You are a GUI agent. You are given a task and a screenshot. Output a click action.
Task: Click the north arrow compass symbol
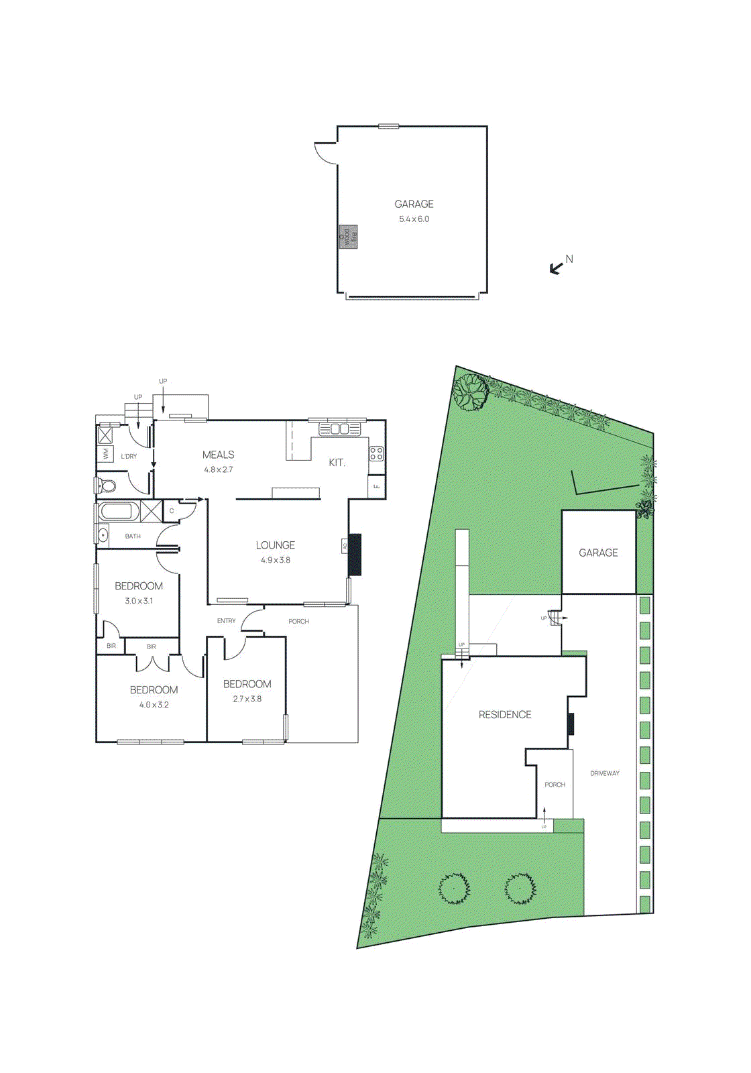[x=557, y=268]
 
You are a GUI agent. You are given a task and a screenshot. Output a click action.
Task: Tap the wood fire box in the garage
[x=348, y=237]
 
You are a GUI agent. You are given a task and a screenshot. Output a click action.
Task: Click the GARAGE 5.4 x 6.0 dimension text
[x=414, y=219]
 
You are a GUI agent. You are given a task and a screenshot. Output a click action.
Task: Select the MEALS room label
[x=218, y=455]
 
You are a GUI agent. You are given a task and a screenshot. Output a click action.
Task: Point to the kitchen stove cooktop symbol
[x=377, y=453]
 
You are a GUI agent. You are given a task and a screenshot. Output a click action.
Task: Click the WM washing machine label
[x=105, y=455]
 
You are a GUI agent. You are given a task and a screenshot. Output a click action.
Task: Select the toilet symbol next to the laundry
[x=106, y=486]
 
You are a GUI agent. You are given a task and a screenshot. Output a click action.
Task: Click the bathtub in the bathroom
[x=118, y=512]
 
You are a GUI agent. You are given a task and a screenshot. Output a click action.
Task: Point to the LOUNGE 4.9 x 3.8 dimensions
[x=276, y=560]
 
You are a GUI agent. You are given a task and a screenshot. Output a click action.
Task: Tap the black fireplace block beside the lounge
[x=355, y=554]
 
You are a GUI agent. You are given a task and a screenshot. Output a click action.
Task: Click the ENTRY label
[x=226, y=621]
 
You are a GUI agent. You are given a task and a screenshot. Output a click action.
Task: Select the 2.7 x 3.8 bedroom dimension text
[x=247, y=699]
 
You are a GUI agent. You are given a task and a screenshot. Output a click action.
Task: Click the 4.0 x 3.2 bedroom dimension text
[x=154, y=705]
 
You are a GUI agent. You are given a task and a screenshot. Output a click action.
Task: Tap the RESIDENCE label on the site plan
[x=505, y=715]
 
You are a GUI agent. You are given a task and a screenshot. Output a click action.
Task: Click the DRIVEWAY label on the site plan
[x=604, y=773]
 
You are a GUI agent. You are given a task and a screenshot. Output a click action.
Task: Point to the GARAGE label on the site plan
[x=598, y=553]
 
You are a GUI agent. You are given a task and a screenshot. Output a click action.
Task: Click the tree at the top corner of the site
[x=470, y=392]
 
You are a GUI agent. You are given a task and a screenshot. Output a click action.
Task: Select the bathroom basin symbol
[x=103, y=535]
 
